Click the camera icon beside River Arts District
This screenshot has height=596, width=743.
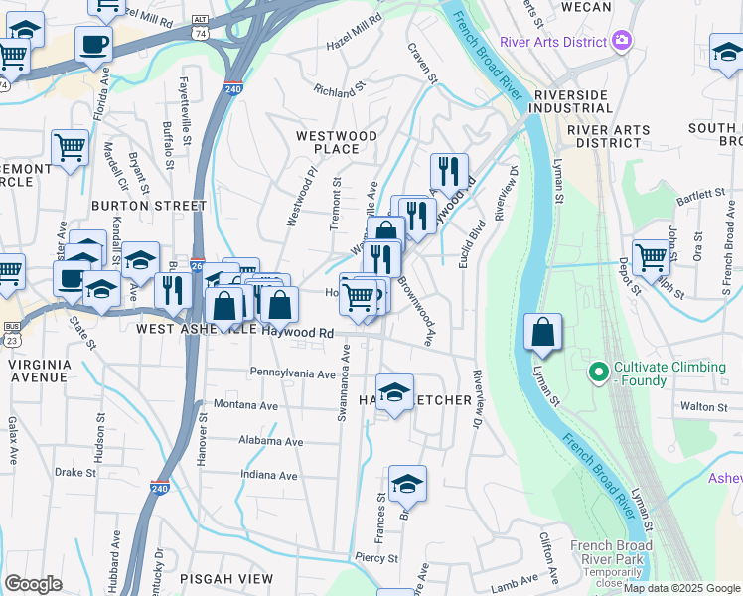[x=622, y=42]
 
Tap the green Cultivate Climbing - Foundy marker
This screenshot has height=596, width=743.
[x=598, y=373]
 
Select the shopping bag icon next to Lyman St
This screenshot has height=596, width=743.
[x=542, y=334]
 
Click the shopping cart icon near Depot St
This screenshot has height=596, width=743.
[x=651, y=257]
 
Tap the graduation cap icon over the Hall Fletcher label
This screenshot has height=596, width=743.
[x=394, y=392]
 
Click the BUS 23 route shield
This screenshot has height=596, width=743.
[x=12, y=331]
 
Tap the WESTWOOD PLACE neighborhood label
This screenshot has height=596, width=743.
[x=337, y=142]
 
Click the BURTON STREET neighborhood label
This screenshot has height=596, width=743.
[x=148, y=206]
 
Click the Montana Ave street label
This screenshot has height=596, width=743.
[x=246, y=406]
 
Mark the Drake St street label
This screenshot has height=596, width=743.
[x=75, y=472]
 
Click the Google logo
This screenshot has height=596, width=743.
[x=33, y=584]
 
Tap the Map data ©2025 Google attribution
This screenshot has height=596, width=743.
[x=681, y=588]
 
